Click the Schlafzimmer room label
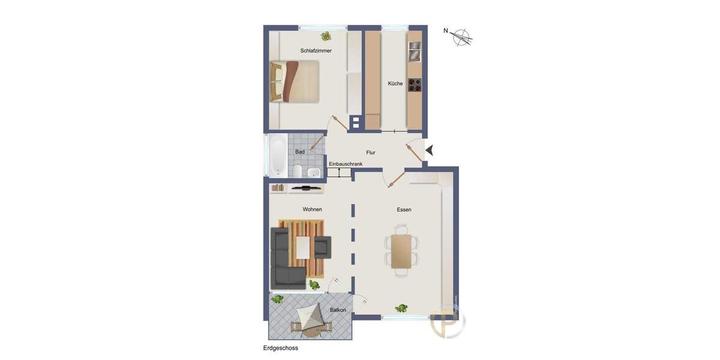click(x=316, y=51)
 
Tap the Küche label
click(x=395, y=83)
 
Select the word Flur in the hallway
click(x=371, y=152)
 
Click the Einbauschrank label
click(x=346, y=164)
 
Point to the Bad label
click(x=300, y=152)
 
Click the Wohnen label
click(x=312, y=209)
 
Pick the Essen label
click(x=404, y=209)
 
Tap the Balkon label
click(x=338, y=310)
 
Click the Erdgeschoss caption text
click(x=281, y=348)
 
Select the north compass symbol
click(x=461, y=37)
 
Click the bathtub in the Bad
click(x=276, y=155)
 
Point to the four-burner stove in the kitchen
click(x=415, y=85)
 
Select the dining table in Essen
click(x=401, y=251)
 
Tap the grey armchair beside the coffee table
click(x=322, y=247)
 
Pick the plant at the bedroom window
click(x=326, y=36)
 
